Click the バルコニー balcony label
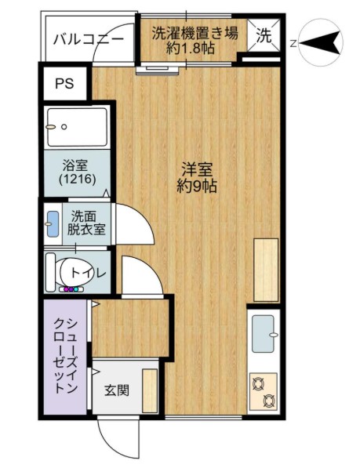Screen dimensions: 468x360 pyautogui.click(x=88, y=39)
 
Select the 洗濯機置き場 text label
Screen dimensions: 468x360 pyautogui.click(x=191, y=34)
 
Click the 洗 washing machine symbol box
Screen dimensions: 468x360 pyautogui.click(x=264, y=34)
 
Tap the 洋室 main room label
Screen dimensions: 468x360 pyautogui.click(x=197, y=169)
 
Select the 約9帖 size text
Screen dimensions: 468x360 pyautogui.click(x=197, y=187)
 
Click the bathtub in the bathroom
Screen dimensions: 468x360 pyautogui.click(x=76, y=128)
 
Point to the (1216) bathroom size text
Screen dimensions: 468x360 pyautogui.click(x=77, y=180)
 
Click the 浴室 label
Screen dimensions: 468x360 pyautogui.click(x=77, y=165)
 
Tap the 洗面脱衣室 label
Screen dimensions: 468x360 pyautogui.click(x=86, y=223)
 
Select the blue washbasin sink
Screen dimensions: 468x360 pyautogui.click(x=53, y=223)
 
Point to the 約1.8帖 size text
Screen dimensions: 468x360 pyautogui.click(x=191, y=49)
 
